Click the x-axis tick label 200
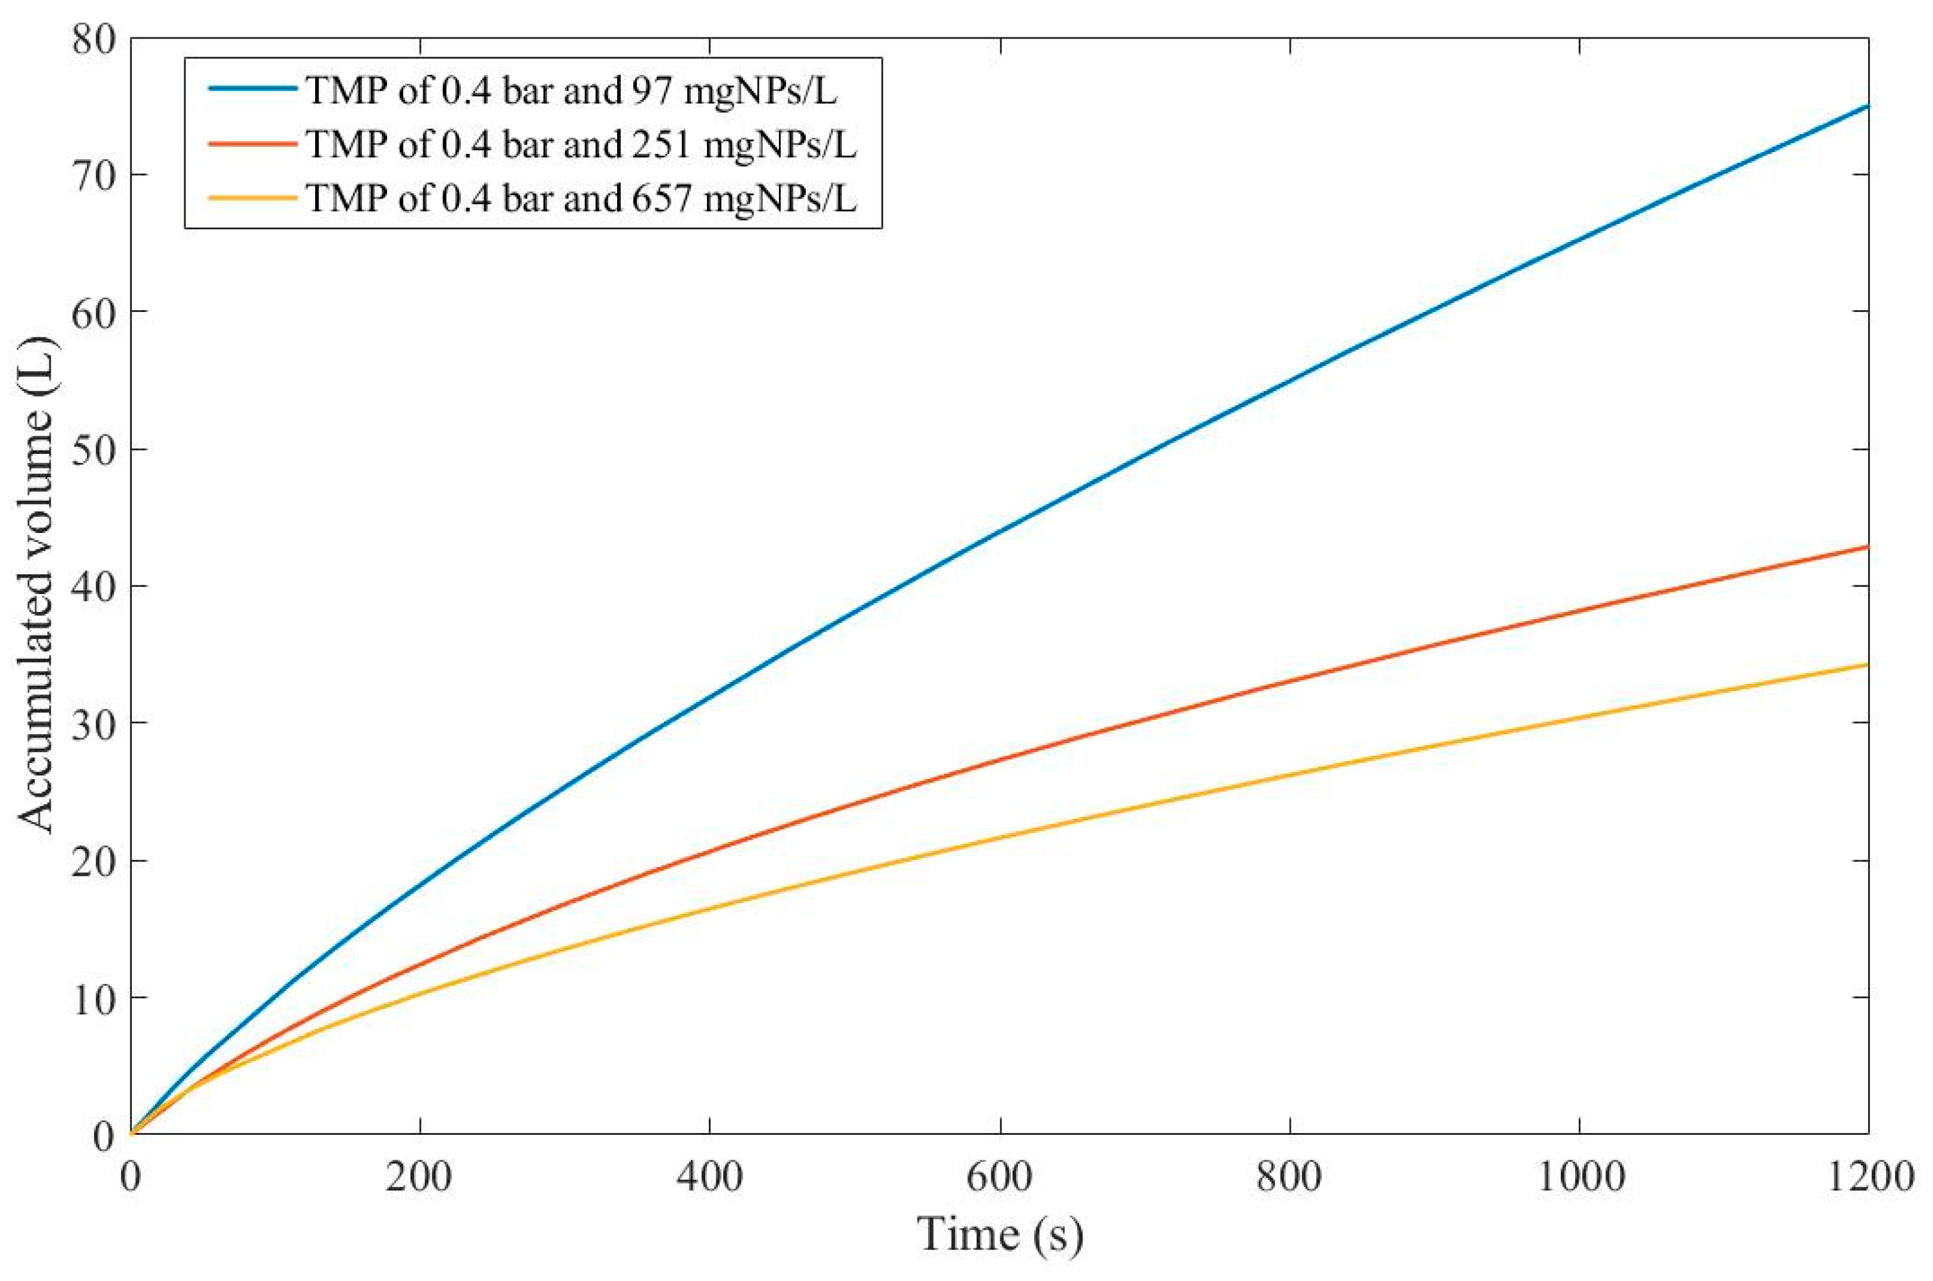point(419,1177)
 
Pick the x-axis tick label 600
point(999,1177)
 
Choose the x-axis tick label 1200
point(1868,1177)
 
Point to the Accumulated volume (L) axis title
point(37,586)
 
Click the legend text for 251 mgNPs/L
point(581,144)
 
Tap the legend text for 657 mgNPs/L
point(581,198)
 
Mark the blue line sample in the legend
point(251,89)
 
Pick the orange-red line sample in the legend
point(251,143)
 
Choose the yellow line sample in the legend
point(251,197)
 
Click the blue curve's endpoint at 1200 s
point(1868,106)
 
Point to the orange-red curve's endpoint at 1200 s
point(1868,547)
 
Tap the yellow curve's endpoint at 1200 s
point(1868,664)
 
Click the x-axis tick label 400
point(709,1177)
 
